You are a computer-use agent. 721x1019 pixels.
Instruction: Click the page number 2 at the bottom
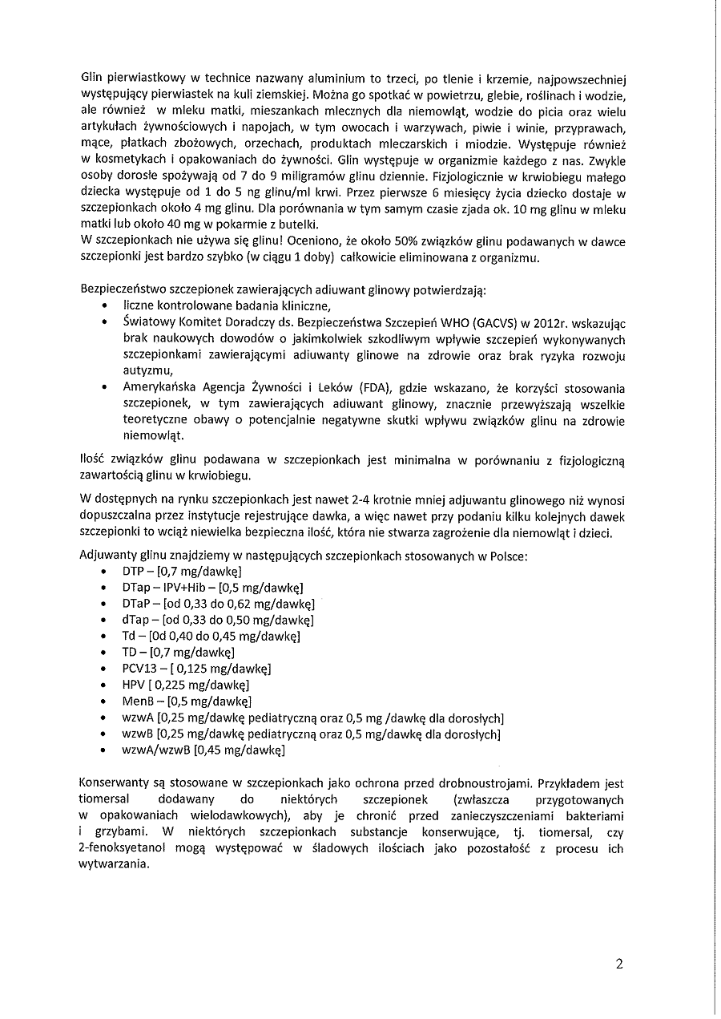(x=619, y=964)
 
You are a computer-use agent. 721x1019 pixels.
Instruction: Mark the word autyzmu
(x=147, y=370)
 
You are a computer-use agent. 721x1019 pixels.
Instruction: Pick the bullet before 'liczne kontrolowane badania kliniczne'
(x=107, y=305)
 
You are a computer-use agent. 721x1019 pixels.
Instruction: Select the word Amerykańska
(x=158, y=387)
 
